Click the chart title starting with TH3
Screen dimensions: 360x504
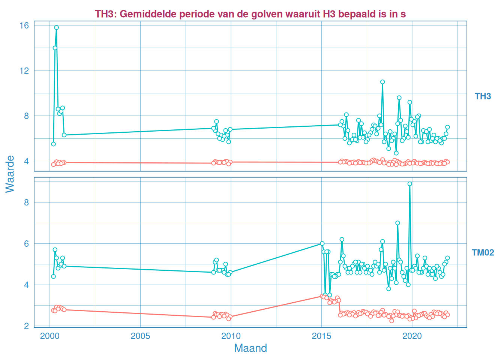click(250, 14)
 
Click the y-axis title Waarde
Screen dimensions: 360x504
click(10, 174)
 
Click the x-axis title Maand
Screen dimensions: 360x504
click(250, 348)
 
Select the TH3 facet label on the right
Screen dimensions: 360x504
click(483, 96)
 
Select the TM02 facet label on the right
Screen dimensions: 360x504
click(483, 252)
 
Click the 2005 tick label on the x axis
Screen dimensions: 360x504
click(140, 336)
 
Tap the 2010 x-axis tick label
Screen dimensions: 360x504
click(231, 336)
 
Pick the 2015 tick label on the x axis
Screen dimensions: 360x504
click(321, 336)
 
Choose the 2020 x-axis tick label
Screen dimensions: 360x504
click(412, 336)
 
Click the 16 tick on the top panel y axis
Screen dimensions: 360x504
click(24, 25)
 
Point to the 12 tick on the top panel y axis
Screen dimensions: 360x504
click(24, 70)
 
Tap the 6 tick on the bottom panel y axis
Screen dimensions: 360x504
click(26, 244)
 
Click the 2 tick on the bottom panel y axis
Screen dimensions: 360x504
click(26, 326)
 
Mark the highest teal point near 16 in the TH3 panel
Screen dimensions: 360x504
click(56, 27)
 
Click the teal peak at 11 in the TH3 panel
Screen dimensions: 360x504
click(382, 82)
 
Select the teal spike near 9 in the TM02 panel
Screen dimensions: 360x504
click(410, 184)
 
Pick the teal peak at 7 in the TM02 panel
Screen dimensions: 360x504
click(397, 223)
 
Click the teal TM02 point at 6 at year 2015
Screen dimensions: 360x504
click(322, 243)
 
